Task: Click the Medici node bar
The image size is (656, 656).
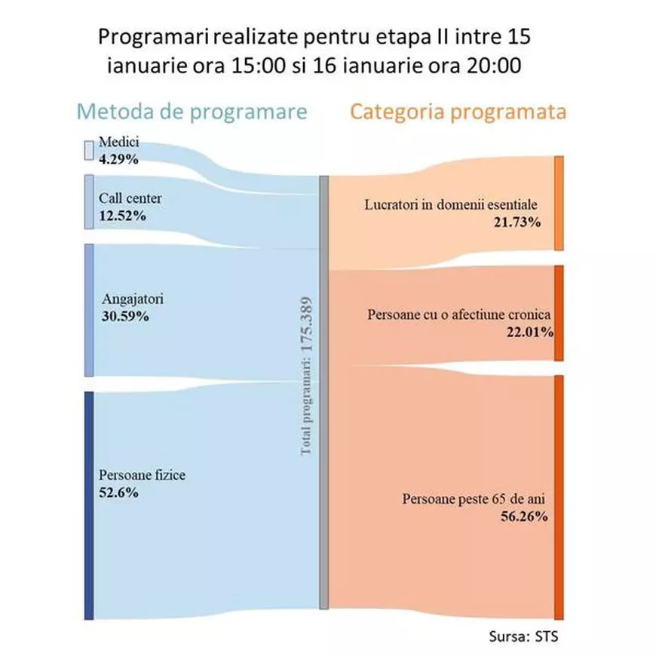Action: click(x=88, y=150)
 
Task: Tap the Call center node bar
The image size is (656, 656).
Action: click(x=89, y=202)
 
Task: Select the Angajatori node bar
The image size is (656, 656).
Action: click(x=89, y=310)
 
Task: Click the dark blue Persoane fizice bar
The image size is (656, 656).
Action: click(x=89, y=505)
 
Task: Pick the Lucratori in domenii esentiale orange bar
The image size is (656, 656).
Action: click(x=559, y=203)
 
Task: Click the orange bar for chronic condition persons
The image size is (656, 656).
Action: click(x=559, y=313)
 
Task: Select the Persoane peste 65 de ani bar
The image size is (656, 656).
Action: click(x=559, y=498)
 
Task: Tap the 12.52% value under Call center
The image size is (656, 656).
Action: click(x=122, y=216)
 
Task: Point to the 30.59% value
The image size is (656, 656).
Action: click(x=125, y=316)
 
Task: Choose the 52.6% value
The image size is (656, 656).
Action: click(x=118, y=492)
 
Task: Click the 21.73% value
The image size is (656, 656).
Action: click(x=518, y=222)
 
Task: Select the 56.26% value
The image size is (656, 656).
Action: click(x=524, y=517)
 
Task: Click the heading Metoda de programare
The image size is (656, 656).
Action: click(x=192, y=112)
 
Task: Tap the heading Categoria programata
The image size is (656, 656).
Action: click(x=458, y=112)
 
